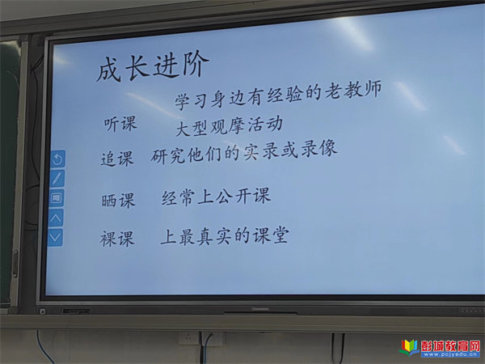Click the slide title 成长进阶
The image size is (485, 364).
(x=153, y=66)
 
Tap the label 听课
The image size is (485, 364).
(x=120, y=124)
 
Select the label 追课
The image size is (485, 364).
(x=117, y=159)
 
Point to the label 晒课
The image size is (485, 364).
(x=118, y=201)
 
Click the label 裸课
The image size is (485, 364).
(x=117, y=239)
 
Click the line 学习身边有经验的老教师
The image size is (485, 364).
(x=278, y=94)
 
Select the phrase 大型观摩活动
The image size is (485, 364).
(x=229, y=126)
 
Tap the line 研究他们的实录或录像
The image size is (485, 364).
(x=243, y=152)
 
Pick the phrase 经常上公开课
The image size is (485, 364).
(x=216, y=197)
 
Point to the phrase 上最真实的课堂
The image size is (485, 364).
(x=225, y=236)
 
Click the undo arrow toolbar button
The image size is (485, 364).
(x=58, y=159)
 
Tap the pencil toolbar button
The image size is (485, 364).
(x=57, y=179)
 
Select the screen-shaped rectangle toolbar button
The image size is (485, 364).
(x=57, y=198)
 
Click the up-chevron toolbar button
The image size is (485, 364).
(x=56, y=218)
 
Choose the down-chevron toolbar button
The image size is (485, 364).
(x=55, y=237)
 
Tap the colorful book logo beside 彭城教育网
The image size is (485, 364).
(x=409, y=348)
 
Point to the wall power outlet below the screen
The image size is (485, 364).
(x=188, y=338)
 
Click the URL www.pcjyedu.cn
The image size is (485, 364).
(x=450, y=354)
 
